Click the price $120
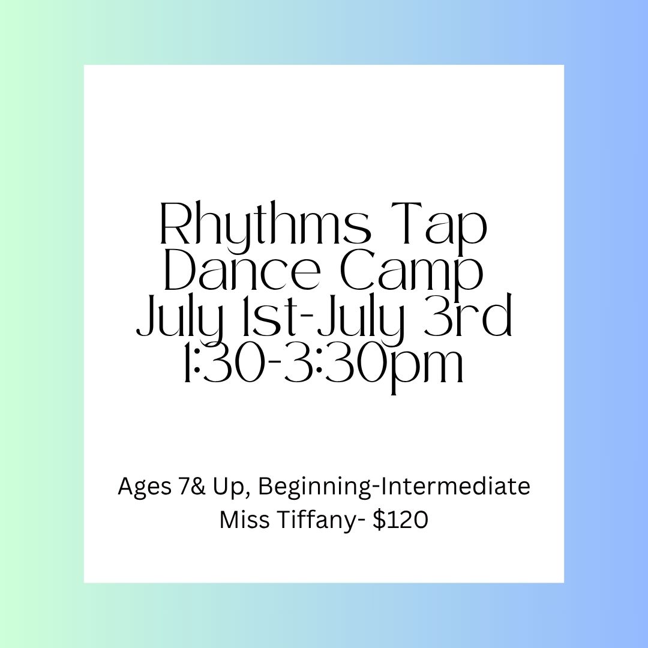pyautogui.click(x=400, y=520)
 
